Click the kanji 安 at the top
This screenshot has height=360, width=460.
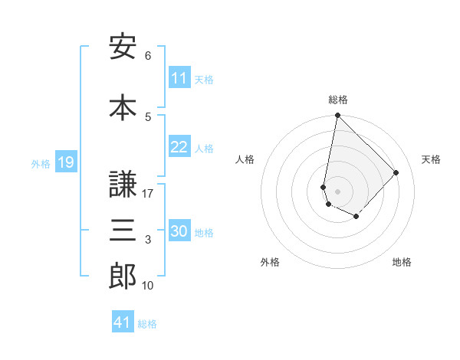123,47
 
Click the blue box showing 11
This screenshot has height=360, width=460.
179,78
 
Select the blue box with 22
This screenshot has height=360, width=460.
179,147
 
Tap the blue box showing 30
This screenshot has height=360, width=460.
179,231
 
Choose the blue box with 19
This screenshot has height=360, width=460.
65,162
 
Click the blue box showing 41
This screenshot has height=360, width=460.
123,322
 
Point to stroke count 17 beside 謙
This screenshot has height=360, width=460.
148,194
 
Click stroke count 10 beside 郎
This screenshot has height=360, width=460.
148,286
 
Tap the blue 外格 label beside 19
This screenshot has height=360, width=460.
40,163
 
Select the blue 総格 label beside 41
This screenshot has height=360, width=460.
147,323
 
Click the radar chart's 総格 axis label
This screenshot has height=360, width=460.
338,100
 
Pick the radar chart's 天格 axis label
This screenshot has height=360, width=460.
432,159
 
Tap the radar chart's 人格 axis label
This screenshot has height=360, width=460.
245,159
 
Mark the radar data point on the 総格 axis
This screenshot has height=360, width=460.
337,116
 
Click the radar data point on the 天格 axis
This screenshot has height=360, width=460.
396,172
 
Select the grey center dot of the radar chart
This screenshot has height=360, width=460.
337,191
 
